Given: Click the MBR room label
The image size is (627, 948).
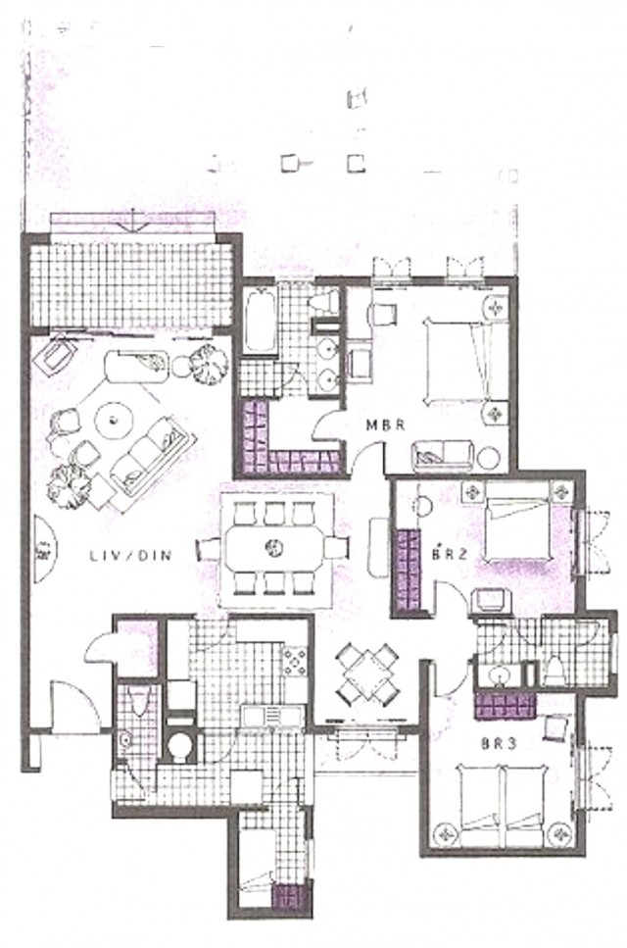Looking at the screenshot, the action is coord(385,425).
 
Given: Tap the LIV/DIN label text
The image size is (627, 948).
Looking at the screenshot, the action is coord(131,556).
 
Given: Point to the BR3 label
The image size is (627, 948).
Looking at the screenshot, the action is coord(499,744).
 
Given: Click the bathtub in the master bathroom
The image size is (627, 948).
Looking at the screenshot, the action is coord(261,321).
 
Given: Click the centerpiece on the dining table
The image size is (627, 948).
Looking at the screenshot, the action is coord(273,548).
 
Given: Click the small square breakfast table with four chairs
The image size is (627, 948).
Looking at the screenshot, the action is coord(367,674).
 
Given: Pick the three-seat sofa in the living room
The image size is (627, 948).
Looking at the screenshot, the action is coord(149,455).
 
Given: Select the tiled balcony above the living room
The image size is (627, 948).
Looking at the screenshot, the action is coord(131,285).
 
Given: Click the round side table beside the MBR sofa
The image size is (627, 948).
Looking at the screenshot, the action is coord(488,458).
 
